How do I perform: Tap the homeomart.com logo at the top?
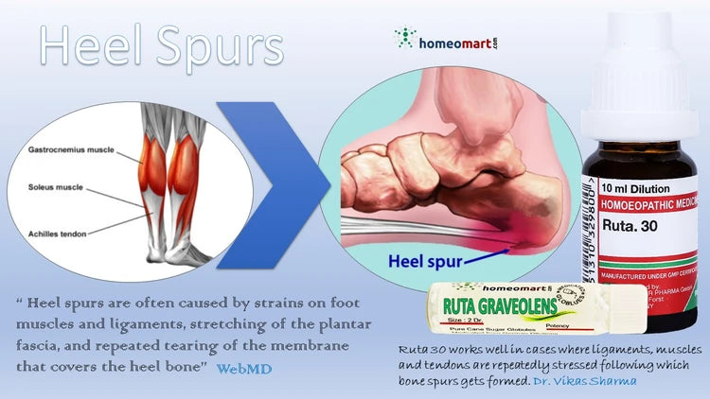click(445, 39)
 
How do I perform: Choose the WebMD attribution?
click(243, 368)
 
